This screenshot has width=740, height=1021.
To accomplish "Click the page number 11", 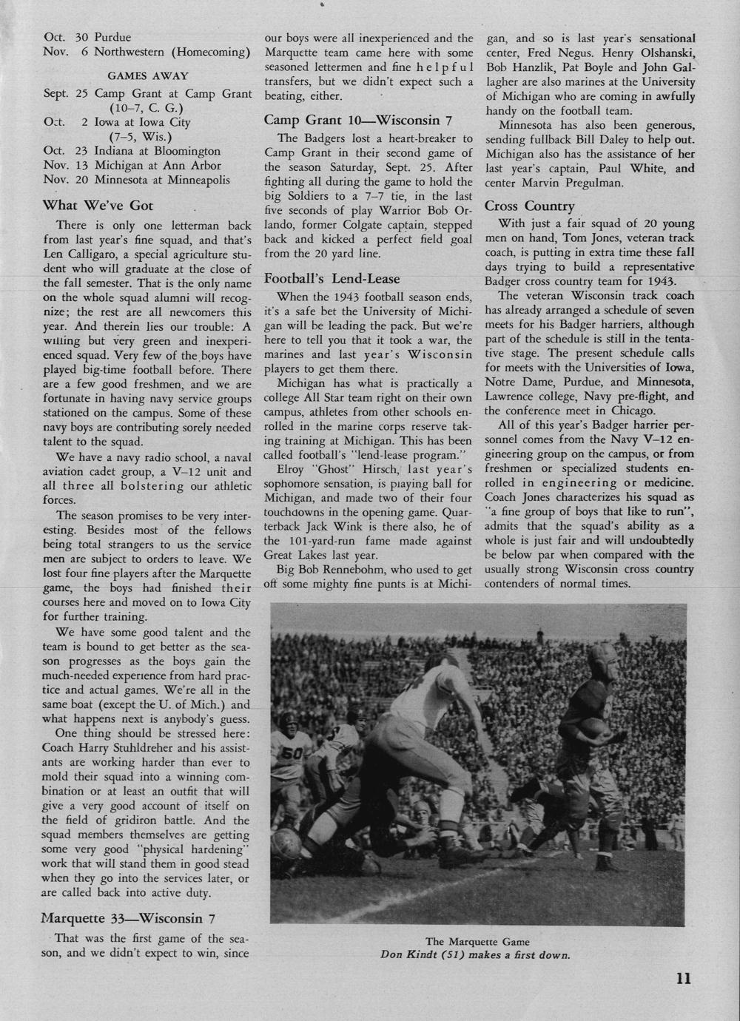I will [683, 977].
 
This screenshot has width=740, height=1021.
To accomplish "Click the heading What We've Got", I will [98, 205].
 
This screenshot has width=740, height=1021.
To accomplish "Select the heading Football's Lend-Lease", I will [332, 279].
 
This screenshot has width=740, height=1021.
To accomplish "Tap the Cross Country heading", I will [529, 206].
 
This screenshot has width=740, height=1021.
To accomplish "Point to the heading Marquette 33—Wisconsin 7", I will [129, 919].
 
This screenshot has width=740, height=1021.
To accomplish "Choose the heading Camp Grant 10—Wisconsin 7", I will [358, 120].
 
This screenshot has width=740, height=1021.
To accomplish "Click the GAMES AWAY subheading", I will [148, 75].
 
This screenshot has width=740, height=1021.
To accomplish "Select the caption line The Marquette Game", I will [477, 941].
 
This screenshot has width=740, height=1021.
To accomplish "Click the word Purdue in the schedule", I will [112, 37].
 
